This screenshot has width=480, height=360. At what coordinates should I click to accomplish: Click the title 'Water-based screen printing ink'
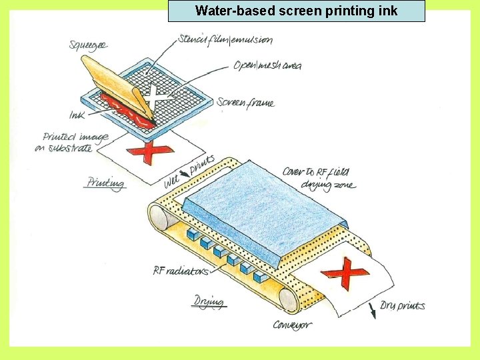296,11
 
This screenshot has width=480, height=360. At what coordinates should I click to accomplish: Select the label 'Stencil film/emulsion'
225,39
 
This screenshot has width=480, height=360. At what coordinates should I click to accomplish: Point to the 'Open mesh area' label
267,65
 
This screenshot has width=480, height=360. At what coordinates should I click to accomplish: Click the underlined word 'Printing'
105,183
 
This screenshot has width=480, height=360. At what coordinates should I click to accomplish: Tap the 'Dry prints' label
403,306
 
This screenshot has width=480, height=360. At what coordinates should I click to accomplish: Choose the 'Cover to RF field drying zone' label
319,177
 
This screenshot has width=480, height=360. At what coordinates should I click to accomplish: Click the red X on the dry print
345,273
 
